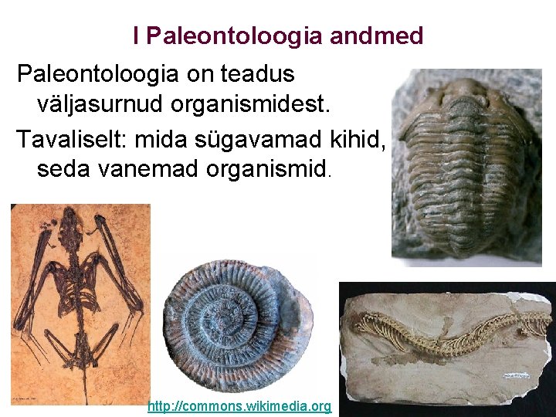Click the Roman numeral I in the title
point(136,35)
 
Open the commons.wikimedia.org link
point(239,406)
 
